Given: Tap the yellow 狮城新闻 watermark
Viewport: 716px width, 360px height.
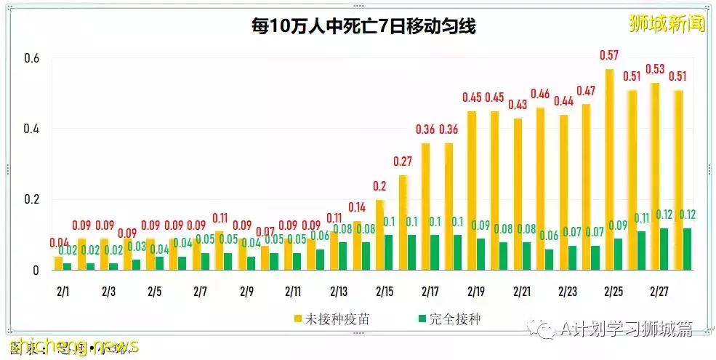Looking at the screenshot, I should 667,23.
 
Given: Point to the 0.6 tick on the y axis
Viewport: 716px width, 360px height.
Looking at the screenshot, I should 31,59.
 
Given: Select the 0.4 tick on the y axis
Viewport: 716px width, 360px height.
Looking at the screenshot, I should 31,129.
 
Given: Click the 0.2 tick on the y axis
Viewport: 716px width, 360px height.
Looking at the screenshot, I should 31,200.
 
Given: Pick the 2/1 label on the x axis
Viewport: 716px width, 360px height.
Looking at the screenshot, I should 63,292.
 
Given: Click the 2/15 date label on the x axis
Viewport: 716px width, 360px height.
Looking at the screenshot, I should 384,292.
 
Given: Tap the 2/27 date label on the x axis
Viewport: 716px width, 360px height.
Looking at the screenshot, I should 659,292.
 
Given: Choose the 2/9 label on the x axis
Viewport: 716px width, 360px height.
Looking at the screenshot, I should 246,292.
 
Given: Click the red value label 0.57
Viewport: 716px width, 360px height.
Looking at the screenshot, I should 609,55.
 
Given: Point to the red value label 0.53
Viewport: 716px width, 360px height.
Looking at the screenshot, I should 655,69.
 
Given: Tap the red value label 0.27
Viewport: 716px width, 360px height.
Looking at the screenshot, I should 403,161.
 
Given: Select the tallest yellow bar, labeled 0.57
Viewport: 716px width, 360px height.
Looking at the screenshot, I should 609,169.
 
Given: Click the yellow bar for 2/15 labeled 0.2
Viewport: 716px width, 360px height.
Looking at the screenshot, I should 380,235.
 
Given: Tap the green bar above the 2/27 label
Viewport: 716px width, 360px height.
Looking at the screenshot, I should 663,249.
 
